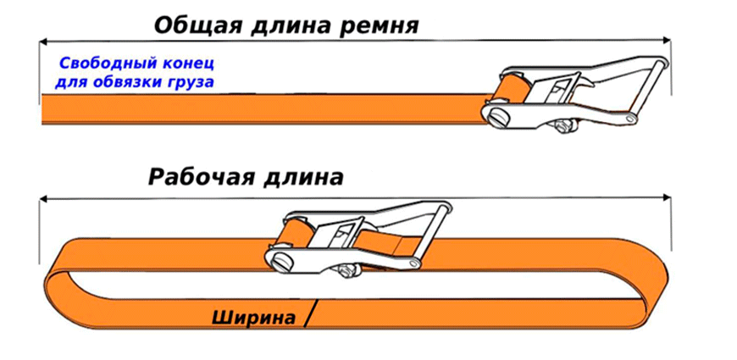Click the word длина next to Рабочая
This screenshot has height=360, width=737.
tap(303, 179)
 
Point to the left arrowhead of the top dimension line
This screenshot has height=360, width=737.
tap(44, 42)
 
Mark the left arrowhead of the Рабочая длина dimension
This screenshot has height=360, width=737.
tap(44, 199)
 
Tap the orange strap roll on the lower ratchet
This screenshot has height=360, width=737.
tap(294, 233)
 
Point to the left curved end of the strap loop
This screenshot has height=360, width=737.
tap(58, 282)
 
